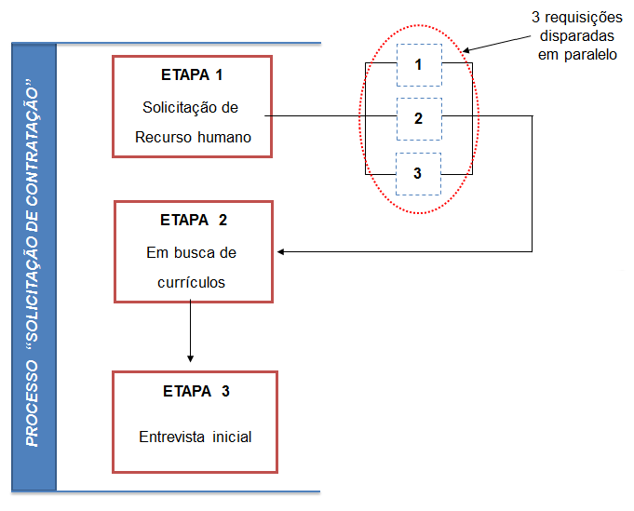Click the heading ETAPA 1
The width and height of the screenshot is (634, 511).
tap(192, 74)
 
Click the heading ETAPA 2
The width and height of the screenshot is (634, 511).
tap(194, 221)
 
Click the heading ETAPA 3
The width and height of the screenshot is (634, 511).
tap(195, 391)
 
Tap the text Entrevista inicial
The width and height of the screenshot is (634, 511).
tap(196, 437)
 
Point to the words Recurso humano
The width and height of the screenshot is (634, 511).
tap(192, 139)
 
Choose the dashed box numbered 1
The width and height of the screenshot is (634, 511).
tap(418, 65)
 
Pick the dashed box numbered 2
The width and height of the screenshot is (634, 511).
tap(418, 118)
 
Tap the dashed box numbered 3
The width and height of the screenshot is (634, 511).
tap(418, 173)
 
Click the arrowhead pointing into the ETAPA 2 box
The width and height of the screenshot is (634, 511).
tap(281, 251)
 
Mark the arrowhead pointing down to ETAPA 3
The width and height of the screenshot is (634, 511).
tap(190, 357)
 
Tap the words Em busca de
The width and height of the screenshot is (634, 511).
tap(192, 252)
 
